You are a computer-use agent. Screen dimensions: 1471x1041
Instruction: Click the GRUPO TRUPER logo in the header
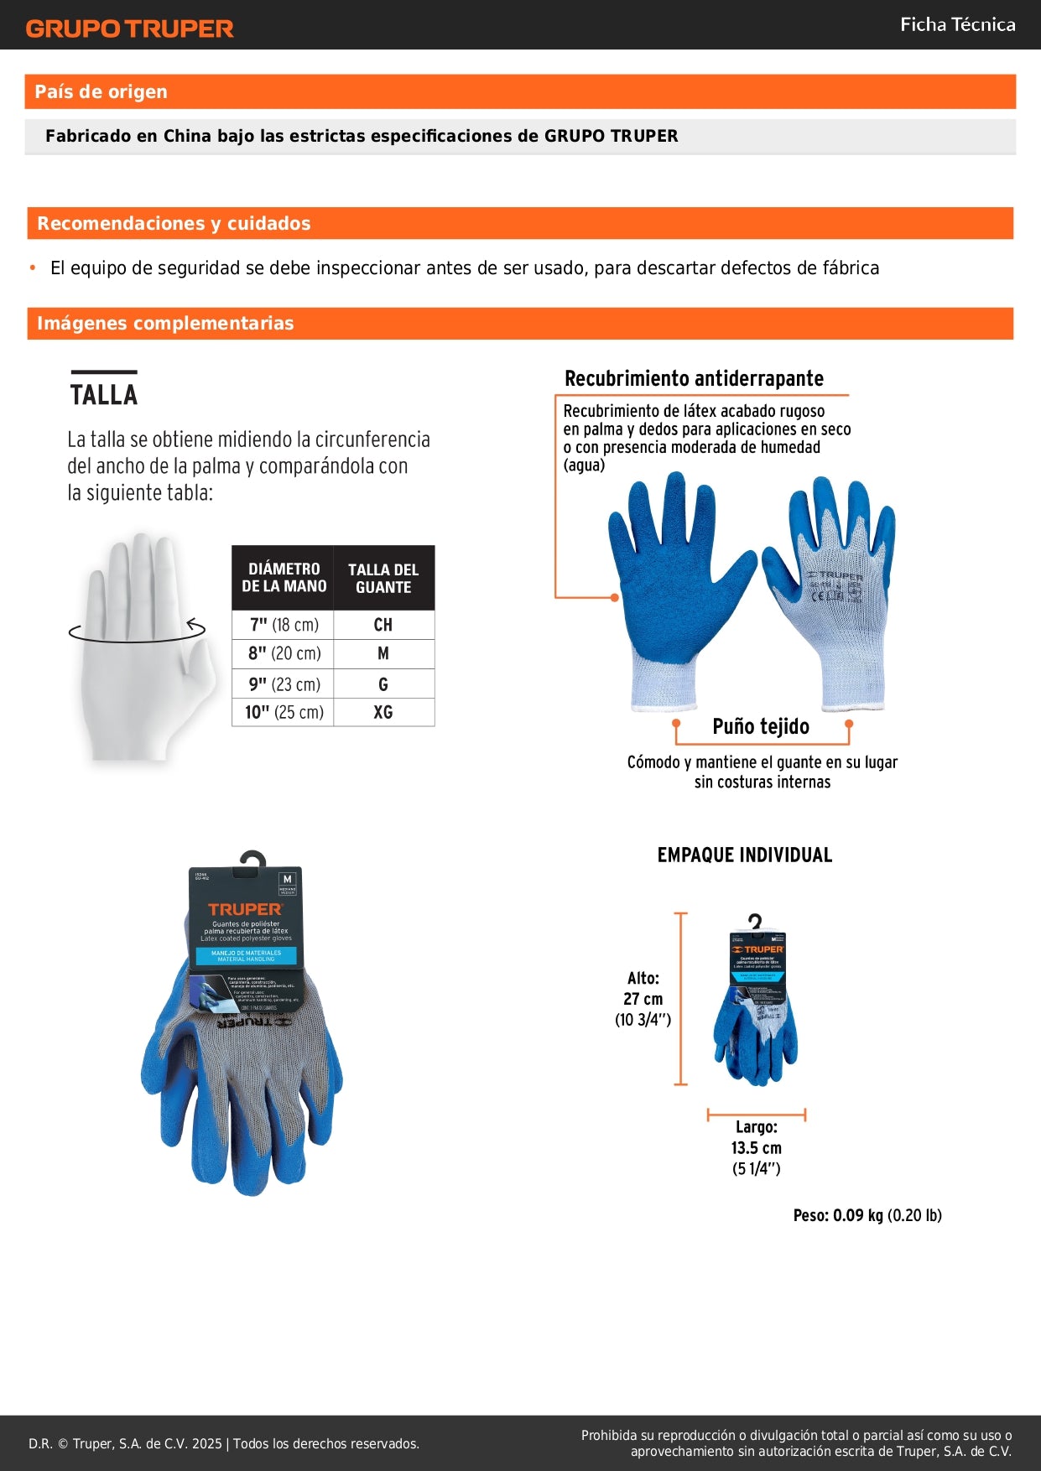tap(129, 29)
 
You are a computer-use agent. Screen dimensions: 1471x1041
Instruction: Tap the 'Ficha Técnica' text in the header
tap(957, 24)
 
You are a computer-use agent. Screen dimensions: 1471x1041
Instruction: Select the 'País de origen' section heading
tap(101, 91)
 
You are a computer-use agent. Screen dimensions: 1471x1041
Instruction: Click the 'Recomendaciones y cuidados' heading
tap(174, 223)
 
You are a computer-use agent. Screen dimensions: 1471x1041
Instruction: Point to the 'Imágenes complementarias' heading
tap(165, 323)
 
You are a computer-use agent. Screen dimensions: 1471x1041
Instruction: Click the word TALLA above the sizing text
tap(104, 394)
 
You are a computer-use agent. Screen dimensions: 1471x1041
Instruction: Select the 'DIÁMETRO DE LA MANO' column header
tap(284, 577)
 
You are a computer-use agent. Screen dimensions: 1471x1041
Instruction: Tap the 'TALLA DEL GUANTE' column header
tap(383, 578)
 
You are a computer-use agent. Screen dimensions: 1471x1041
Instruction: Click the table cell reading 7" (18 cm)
tap(284, 625)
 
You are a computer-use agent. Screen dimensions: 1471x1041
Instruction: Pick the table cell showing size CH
tap(383, 625)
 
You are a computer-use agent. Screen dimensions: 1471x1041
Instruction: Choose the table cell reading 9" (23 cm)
tap(284, 684)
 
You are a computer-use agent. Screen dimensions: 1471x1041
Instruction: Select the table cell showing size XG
tap(383, 712)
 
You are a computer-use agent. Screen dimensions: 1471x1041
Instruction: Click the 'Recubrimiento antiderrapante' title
tap(694, 378)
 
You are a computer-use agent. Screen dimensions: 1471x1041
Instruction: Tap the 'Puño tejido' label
tap(761, 726)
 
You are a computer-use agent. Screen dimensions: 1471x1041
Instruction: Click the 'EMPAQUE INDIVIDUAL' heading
tap(745, 855)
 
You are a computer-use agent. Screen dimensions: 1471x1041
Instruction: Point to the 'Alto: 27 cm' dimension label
tap(643, 998)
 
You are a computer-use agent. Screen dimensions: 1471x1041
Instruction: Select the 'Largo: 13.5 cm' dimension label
tap(756, 1147)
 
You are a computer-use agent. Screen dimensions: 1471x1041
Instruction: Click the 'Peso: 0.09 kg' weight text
tap(867, 1215)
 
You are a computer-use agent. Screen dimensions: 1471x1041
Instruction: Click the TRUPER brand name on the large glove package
tap(245, 909)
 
